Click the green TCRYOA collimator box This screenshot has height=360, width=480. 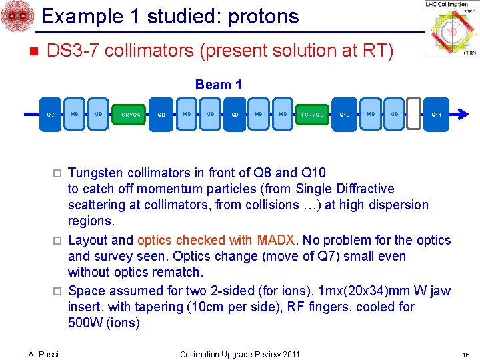click(128, 115)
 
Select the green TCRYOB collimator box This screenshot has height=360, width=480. click(312, 115)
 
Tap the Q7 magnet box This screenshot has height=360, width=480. click(51, 115)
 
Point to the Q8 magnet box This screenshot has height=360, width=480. click(161, 115)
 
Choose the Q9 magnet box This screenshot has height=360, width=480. click(235, 115)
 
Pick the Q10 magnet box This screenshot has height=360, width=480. click(345, 115)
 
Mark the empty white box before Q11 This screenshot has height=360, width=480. click(413, 115)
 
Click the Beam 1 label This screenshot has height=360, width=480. click(218, 85)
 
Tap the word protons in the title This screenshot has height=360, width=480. click(259, 15)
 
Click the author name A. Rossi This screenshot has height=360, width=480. click(44, 354)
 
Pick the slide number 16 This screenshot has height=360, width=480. click(467, 354)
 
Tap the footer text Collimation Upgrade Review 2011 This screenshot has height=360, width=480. click(240, 354)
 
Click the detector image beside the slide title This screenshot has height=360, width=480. click(17, 17)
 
